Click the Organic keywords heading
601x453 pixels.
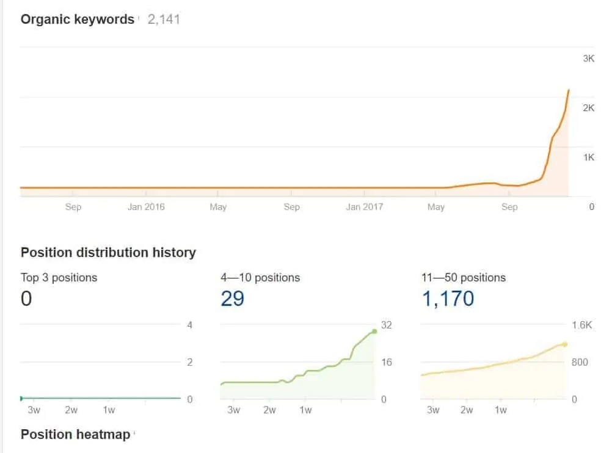(78, 20)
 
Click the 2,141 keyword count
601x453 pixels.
(164, 20)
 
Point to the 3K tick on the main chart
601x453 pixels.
(588, 59)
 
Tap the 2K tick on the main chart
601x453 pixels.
(588, 108)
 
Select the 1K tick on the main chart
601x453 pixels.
(588, 158)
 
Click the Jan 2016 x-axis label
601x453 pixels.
(145, 207)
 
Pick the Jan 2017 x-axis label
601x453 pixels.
(364, 207)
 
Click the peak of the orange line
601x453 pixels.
(569, 90)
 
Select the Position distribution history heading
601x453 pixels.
(108, 253)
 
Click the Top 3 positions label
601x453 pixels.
(59, 278)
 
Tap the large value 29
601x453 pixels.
(232, 299)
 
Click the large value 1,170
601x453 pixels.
(448, 299)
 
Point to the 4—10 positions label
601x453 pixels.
(260, 278)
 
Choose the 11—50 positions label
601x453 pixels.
(464, 278)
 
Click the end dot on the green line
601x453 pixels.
(374, 331)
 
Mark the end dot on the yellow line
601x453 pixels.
(565, 344)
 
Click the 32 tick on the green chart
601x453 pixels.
(386, 325)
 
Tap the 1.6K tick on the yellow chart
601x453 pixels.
(581, 325)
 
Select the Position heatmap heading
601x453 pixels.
(75, 435)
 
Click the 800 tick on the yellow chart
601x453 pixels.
(580, 363)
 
